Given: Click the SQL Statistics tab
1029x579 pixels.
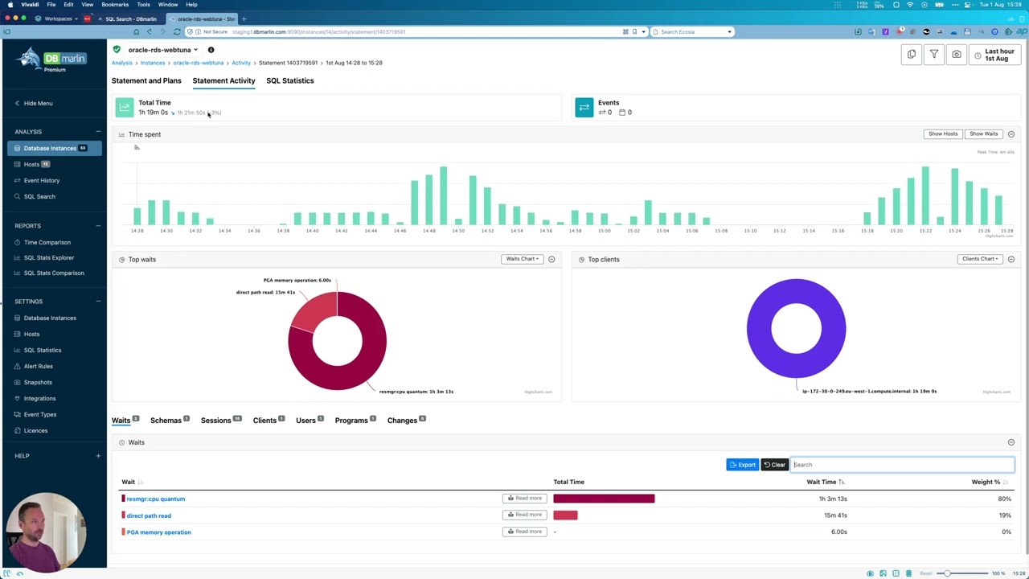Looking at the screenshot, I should point(289,80).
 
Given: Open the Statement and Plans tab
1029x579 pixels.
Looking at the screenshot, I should point(146,80).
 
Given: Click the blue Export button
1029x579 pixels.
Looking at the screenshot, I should point(742,465).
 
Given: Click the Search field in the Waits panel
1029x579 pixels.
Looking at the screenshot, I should point(902,465).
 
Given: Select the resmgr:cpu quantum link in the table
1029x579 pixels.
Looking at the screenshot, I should point(155,499).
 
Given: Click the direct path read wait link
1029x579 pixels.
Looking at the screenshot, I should point(149,515).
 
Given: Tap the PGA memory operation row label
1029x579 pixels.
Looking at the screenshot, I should point(158,532).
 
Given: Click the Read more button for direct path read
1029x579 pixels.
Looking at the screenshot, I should point(524,515).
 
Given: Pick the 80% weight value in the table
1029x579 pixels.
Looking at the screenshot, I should point(1004,499).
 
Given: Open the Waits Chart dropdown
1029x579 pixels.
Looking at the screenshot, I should point(521,259).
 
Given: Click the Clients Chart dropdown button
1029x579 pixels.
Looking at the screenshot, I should point(979,259).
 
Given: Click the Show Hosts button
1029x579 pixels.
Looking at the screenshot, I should point(942,134).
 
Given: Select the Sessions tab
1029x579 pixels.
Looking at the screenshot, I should point(215,421).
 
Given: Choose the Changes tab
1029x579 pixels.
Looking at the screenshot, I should point(402,421).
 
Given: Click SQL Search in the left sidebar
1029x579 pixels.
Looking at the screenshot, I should point(39,196).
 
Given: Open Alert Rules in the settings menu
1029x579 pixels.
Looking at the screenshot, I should point(38,366).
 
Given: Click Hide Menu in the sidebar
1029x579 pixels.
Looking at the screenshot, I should point(38,103).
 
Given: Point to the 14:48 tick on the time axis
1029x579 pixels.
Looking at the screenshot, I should point(428,231).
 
